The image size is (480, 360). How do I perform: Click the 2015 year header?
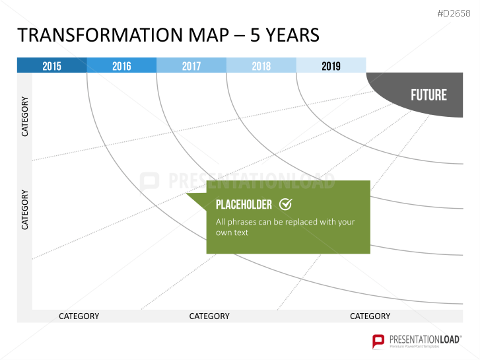pyautogui.click(x=51, y=65)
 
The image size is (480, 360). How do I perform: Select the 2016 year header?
pyautogui.click(x=121, y=65)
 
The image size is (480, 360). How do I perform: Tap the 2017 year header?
pyautogui.click(x=191, y=65)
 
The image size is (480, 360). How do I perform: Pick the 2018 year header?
pyautogui.click(x=261, y=65)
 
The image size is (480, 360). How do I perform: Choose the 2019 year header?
pyautogui.click(x=331, y=65)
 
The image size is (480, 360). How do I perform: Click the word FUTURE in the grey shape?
pyautogui.click(x=429, y=95)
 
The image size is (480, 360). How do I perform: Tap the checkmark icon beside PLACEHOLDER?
pyautogui.click(x=286, y=204)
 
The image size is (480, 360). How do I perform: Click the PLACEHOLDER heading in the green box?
pyautogui.click(x=244, y=205)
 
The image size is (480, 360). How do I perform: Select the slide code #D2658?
pyautogui.click(x=454, y=13)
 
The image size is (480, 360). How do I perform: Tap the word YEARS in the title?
pyautogui.click(x=292, y=35)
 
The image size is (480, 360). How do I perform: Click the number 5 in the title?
pyautogui.click(x=255, y=35)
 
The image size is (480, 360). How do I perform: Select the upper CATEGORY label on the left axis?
pyautogui.click(x=25, y=116)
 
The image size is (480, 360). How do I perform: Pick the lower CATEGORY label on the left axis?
pyautogui.click(x=25, y=209)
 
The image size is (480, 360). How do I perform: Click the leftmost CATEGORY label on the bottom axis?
pyautogui.click(x=79, y=316)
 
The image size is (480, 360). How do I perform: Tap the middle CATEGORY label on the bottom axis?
pyautogui.click(x=209, y=316)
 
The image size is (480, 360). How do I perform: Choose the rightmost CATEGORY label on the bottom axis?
pyautogui.click(x=370, y=316)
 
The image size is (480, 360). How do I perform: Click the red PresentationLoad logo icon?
pyautogui.click(x=378, y=341)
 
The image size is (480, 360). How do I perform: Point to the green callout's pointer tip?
pyautogui.click(x=186, y=194)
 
